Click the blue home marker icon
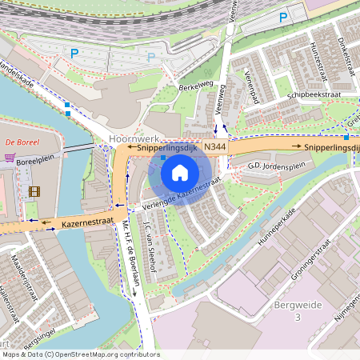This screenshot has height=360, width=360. (180, 173)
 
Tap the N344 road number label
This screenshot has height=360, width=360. (214, 148)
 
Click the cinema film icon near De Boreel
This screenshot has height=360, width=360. (34, 191)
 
